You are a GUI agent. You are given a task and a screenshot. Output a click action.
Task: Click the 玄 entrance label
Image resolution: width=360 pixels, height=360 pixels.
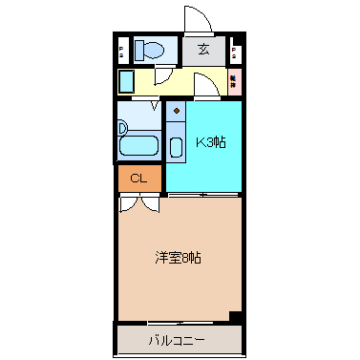click(x=203, y=51)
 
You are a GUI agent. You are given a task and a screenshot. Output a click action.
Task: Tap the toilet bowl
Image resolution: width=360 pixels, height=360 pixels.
click(x=156, y=51)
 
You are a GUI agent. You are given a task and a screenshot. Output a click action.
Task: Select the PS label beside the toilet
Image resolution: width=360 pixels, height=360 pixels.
click(x=121, y=51)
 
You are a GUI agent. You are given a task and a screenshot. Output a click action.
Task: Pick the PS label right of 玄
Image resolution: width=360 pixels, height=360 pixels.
click(x=234, y=51)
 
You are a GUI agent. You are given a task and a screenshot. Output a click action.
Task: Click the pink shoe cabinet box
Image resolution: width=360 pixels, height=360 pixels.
click(x=234, y=82)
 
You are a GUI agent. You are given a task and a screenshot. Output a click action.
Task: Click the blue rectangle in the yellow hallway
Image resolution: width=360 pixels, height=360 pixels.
click(x=126, y=82)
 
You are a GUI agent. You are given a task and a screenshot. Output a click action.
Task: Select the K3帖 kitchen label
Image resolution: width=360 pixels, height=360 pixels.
click(x=210, y=143)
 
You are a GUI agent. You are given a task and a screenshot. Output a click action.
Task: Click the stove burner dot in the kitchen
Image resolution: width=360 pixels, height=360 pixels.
click(x=177, y=111)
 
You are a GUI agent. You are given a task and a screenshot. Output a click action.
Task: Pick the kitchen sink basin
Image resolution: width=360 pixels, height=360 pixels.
click(x=177, y=148)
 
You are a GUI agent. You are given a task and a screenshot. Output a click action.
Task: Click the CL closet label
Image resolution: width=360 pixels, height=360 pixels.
click(x=138, y=178)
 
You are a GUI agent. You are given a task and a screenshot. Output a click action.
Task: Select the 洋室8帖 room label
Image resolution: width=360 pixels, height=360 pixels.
click(x=178, y=258)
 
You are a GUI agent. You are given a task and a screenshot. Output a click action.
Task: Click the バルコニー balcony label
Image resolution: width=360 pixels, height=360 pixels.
click(x=178, y=338)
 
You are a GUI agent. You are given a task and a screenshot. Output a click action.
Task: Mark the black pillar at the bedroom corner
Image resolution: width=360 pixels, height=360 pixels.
click(x=235, y=318)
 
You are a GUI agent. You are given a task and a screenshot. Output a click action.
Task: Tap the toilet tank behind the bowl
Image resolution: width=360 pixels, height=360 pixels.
click(x=139, y=51)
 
